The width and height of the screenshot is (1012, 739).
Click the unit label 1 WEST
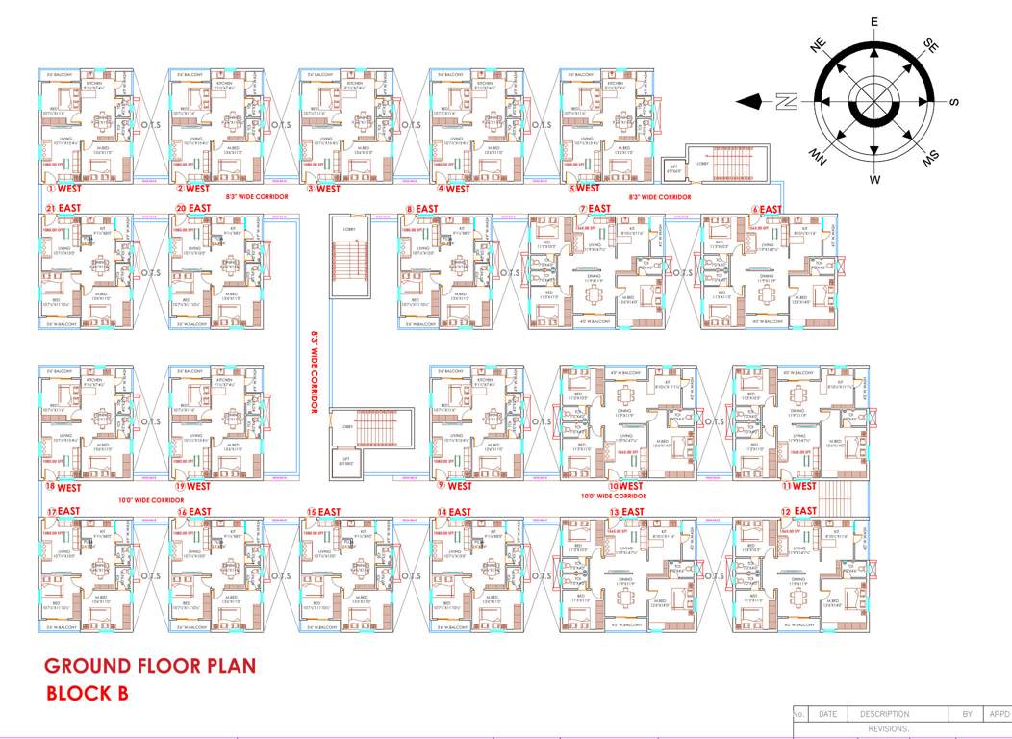click(63, 190)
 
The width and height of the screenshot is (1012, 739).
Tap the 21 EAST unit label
click(63, 209)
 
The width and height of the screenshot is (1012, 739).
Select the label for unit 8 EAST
click(423, 209)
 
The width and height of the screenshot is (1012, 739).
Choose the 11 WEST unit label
click(799, 486)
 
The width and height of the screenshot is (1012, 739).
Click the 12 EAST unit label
click(798, 511)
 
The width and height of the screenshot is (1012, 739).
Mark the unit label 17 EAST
click(63, 511)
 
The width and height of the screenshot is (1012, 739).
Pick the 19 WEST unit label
click(192, 486)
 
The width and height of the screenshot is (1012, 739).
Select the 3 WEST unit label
click(323, 190)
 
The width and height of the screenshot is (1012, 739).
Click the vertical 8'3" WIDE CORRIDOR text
click(314, 373)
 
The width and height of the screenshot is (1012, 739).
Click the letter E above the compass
click(874, 22)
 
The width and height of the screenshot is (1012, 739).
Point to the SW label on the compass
click(931, 159)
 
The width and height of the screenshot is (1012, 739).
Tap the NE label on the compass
click(818, 45)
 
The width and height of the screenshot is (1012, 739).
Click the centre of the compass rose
click(874, 101)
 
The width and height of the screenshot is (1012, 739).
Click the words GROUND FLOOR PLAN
click(150, 666)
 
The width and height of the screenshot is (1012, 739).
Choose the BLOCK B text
click(87, 693)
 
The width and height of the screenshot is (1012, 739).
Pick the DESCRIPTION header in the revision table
click(884, 714)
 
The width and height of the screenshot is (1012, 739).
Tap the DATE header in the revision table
click(827, 714)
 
